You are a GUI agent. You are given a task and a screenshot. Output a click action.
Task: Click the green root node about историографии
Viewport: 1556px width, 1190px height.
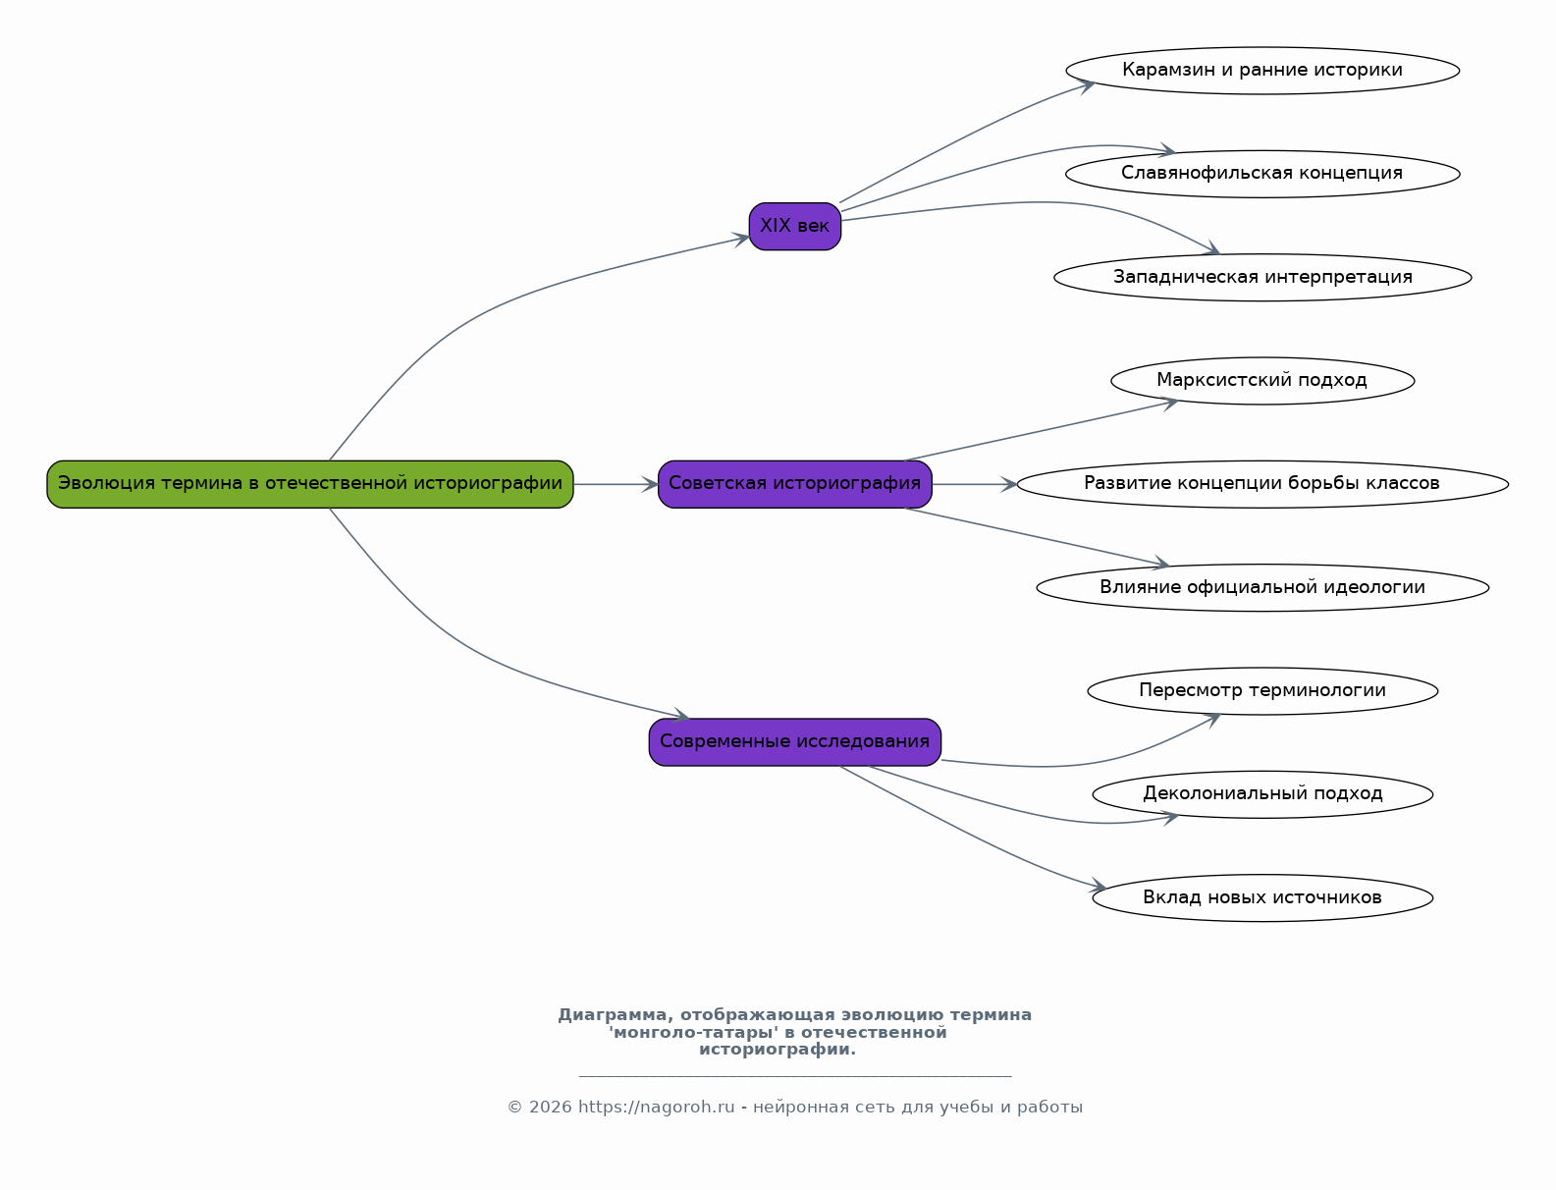pos(310,484)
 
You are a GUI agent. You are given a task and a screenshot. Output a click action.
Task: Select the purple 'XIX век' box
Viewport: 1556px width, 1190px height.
pos(794,226)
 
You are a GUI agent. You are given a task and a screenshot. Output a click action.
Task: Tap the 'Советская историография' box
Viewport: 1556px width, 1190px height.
pos(794,484)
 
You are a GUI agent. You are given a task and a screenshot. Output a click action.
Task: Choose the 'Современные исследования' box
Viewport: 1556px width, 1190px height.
pos(794,742)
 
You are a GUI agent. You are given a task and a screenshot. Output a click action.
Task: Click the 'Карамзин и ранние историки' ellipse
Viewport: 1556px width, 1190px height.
pos(1262,71)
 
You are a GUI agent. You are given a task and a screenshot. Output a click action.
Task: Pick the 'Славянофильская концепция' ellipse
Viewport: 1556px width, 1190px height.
pos(1262,174)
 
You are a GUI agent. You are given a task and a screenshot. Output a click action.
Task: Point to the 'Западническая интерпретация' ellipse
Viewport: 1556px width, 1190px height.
pos(1262,277)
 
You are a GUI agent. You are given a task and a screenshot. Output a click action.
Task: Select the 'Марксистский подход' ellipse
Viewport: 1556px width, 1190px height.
pos(1262,381)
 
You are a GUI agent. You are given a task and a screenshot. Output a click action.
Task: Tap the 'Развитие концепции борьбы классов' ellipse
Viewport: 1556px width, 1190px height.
pos(1262,484)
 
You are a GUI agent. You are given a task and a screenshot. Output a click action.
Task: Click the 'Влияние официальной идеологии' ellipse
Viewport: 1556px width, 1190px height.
pos(1262,587)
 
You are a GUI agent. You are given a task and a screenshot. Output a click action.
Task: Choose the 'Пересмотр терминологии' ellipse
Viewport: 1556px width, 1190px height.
pos(1262,691)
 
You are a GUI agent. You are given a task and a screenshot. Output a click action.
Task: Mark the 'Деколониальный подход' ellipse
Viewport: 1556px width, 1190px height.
pos(1262,794)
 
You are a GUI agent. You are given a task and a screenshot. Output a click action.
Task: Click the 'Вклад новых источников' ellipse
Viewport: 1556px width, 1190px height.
pos(1262,898)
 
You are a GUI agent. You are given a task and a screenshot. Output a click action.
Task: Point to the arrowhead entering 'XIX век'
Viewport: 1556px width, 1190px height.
pos(741,239)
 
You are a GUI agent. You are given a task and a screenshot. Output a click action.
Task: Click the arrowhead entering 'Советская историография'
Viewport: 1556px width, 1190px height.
pos(649,484)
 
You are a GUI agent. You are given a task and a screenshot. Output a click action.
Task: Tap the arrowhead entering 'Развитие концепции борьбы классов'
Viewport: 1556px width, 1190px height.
pos(1008,484)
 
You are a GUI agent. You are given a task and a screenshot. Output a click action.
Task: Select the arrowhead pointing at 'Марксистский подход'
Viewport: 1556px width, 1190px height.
pos(1169,404)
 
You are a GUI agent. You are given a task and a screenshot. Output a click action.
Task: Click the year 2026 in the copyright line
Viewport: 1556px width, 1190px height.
pos(550,1108)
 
